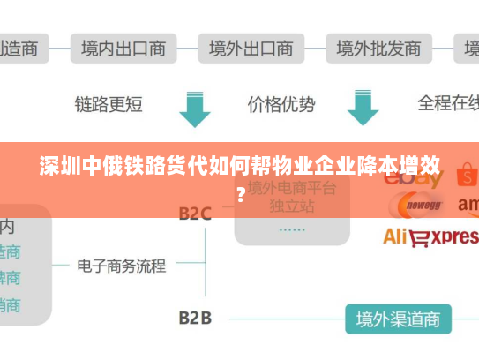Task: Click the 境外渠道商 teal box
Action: pyautogui.click(x=397, y=318)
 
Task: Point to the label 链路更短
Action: pyautogui.click(x=109, y=105)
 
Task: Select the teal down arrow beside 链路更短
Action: pyautogui.click(x=194, y=107)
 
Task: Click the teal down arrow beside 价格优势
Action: pyautogui.click(x=362, y=107)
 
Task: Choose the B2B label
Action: pyautogui.click(x=195, y=317)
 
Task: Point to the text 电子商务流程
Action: pyautogui.click(x=121, y=265)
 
